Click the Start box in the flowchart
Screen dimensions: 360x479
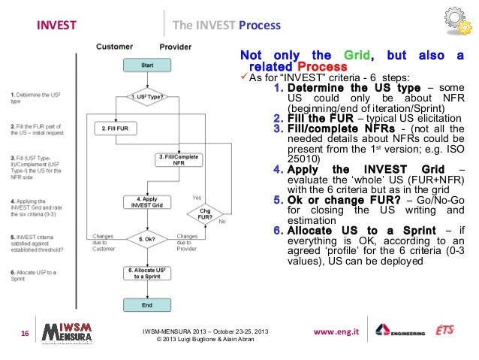[x=147, y=66]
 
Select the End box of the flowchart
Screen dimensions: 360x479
[x=147, y=306]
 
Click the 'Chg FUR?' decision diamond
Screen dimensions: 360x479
[x=203, y=213]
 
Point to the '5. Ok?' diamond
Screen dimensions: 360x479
[x=147, y=240]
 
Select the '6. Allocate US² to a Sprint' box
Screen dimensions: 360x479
[x=147, y=273]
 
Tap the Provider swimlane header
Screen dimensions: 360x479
[x=176, y=47]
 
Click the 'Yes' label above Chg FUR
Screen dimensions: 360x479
[x=197, y=197]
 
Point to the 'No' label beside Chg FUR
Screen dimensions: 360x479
[x=221, y=222]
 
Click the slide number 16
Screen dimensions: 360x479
[x=24, y=334]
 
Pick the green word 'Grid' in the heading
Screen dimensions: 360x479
[x=359, y=56]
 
